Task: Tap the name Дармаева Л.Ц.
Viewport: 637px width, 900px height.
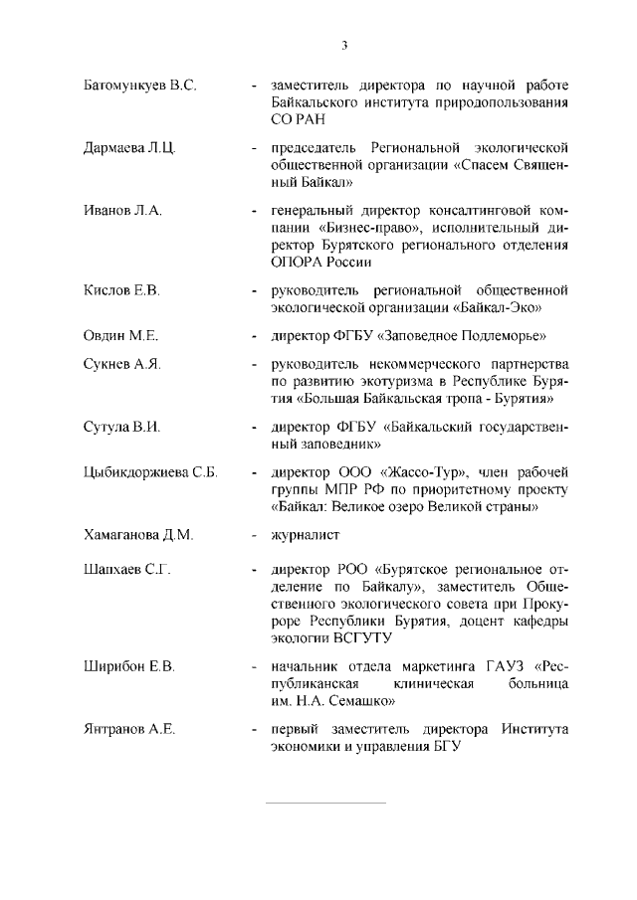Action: (x=129, y=148)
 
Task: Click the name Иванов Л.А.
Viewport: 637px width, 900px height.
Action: (x=122, y=212)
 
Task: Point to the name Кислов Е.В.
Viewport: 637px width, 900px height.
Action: (x=121, y=289)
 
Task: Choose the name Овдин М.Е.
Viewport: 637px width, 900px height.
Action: (x=120, y=336)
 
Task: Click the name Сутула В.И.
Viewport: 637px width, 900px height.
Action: (x=121, y=427)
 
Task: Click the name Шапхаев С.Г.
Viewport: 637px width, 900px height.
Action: (x=127, y=572)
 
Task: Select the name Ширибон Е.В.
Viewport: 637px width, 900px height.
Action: (x=128, y=665)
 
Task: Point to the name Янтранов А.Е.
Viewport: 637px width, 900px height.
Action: (x=128, y=729)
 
